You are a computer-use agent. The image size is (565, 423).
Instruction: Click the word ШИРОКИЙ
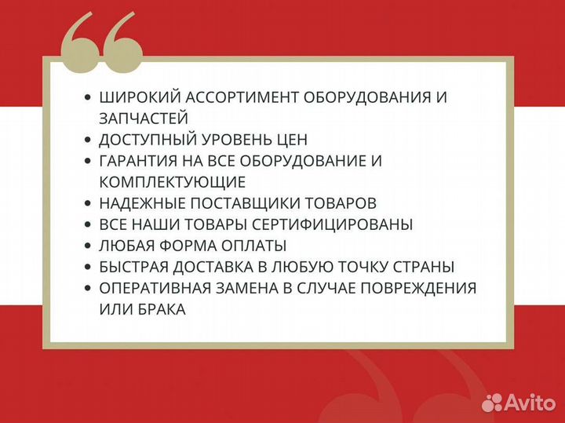point(135,97)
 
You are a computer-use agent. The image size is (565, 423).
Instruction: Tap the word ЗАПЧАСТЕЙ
point(144,119)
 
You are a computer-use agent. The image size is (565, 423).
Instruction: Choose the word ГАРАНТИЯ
point(138,161)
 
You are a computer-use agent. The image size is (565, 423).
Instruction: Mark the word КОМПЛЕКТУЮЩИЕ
point(173,182)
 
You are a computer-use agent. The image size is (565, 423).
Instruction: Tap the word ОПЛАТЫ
point(255,246)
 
